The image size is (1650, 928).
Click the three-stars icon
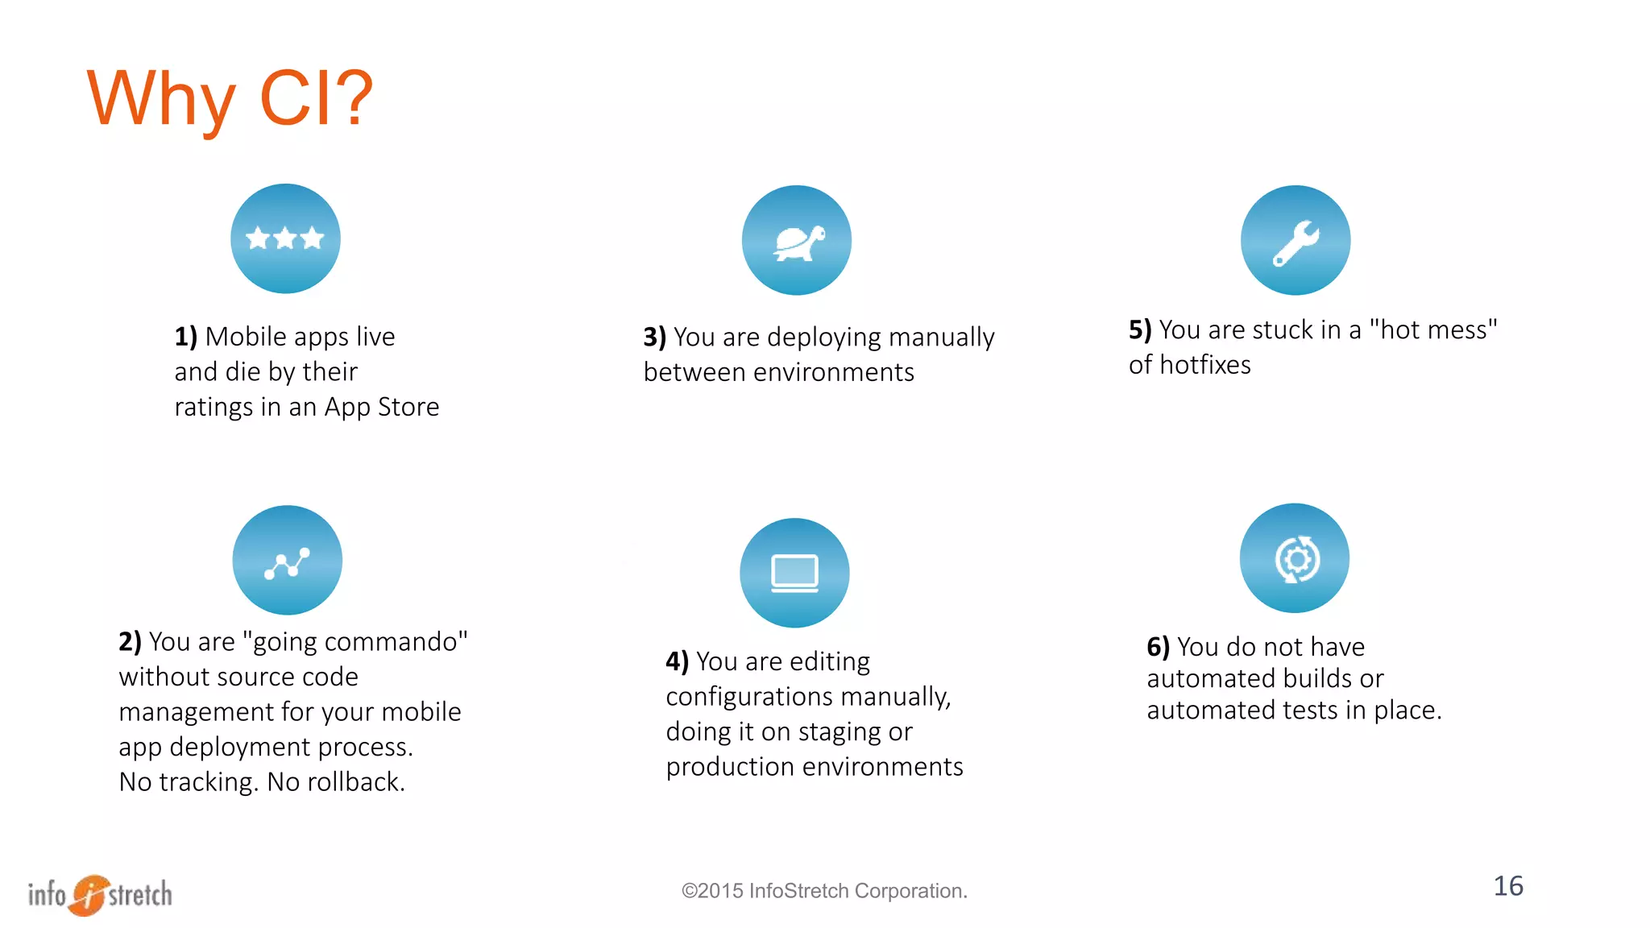point(285,238)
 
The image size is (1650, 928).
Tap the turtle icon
point(797,241)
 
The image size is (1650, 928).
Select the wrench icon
point(1296,241)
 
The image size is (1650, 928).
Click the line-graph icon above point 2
point(287,561)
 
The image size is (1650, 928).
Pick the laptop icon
point(794,573)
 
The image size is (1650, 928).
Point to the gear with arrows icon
point(1295,558)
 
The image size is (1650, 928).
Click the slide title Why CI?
point(230,98)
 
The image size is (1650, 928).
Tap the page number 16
point(1508,886)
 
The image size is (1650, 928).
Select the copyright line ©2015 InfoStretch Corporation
point(824,891)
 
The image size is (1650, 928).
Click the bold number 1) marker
point(185,337)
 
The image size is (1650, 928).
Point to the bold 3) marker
point(654,338)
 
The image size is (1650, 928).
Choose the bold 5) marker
point(1139,330)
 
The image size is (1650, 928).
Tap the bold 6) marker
point(1158,647)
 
